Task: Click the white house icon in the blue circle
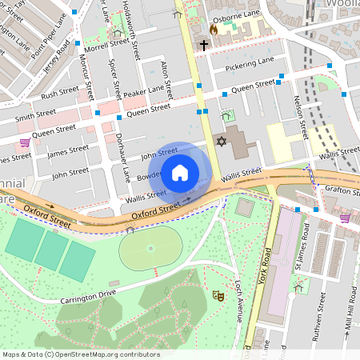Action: click(x=180, y=171)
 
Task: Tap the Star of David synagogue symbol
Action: click(x=222, y=141)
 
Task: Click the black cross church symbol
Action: click(x=204, y=46)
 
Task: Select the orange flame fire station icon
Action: click(x=213, y=30)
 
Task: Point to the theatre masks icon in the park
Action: click(x=217, y=296)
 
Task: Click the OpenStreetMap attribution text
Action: click(x=80, y=354)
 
